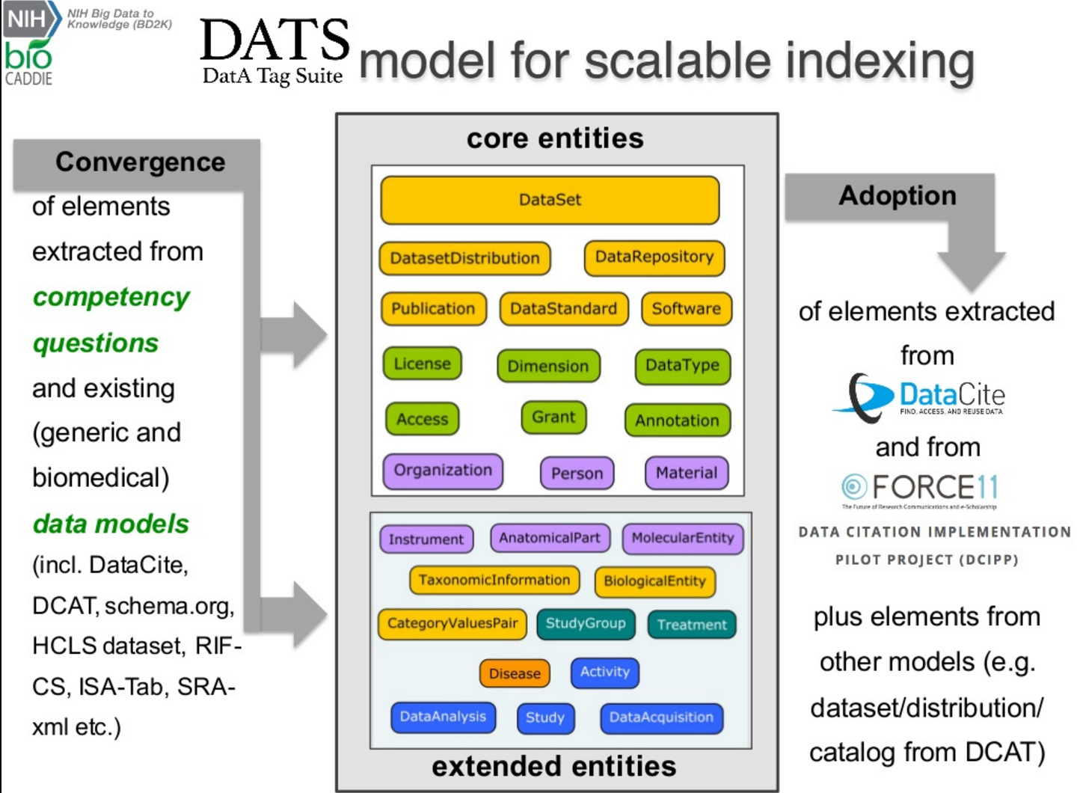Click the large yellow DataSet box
coord(550,200)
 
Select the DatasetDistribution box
coord(464,258)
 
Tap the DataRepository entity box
coord(654,257)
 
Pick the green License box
coord(422,364)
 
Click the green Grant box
coord(553,417)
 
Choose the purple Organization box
coord(443,471)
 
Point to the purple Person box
coord(577,473)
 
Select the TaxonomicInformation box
coord(494,580)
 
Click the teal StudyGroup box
coord(586,623)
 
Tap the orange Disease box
coord(515,673)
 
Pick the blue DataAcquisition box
coord(661,717)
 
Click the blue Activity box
coord(605,672)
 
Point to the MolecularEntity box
coord(683,538)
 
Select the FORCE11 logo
coord(921,489)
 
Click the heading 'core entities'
coord(555,138)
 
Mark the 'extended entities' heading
coord(554,766)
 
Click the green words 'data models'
coord(111,524)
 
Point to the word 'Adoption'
coord(897,195)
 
